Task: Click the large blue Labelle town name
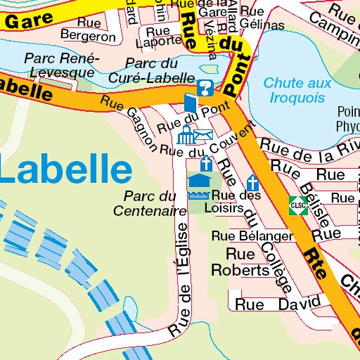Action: pyautogui.click(x=65, y=170)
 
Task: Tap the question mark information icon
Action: pyautogui.click(x=205, y=88)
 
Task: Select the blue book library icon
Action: pyautogui.click(x=191, y=103)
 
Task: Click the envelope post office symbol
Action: pyautogui.click(x=204, y=135)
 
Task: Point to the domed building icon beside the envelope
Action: pyautogui.click(x=186, y=134)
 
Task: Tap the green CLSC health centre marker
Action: pyautogui.click(x=297, y=205)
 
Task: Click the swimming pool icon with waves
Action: pyautogui.click(x=199, y=185)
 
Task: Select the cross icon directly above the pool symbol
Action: pyautogui.click(x=206, y=164)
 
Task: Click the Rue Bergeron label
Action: pyautogui.click(x=88, y=30)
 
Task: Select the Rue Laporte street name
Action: pyautogui.click(x=163, y=38)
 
